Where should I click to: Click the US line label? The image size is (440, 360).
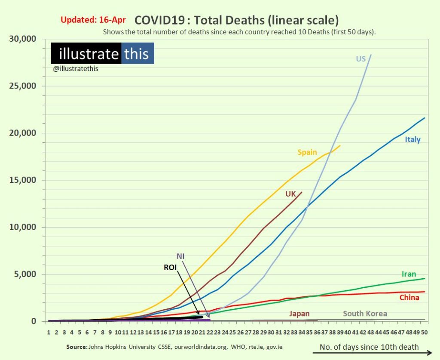pos(361,58)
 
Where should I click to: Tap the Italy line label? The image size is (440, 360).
pos(412,139)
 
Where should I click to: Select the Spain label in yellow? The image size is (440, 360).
pos(307,152)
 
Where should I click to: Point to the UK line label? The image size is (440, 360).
pos(291,194)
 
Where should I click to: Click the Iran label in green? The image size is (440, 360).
pos(409,274)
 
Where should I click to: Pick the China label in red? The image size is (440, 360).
pos(409,297)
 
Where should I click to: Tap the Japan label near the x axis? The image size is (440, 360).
pos(299,314)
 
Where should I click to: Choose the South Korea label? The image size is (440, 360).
pos(365,314)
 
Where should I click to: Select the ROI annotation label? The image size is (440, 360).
pos(170,267)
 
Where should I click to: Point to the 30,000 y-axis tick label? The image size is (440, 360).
pos(23,39)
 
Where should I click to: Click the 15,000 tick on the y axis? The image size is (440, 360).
pos(23,180)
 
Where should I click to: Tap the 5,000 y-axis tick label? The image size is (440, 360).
pos(25,274)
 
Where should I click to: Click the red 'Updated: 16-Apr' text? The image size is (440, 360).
pos(93,20)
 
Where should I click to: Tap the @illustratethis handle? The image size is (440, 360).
pos(76,68)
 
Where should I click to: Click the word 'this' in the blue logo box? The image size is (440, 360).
pos(136,54)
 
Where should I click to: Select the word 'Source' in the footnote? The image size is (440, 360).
pos(76,347)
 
